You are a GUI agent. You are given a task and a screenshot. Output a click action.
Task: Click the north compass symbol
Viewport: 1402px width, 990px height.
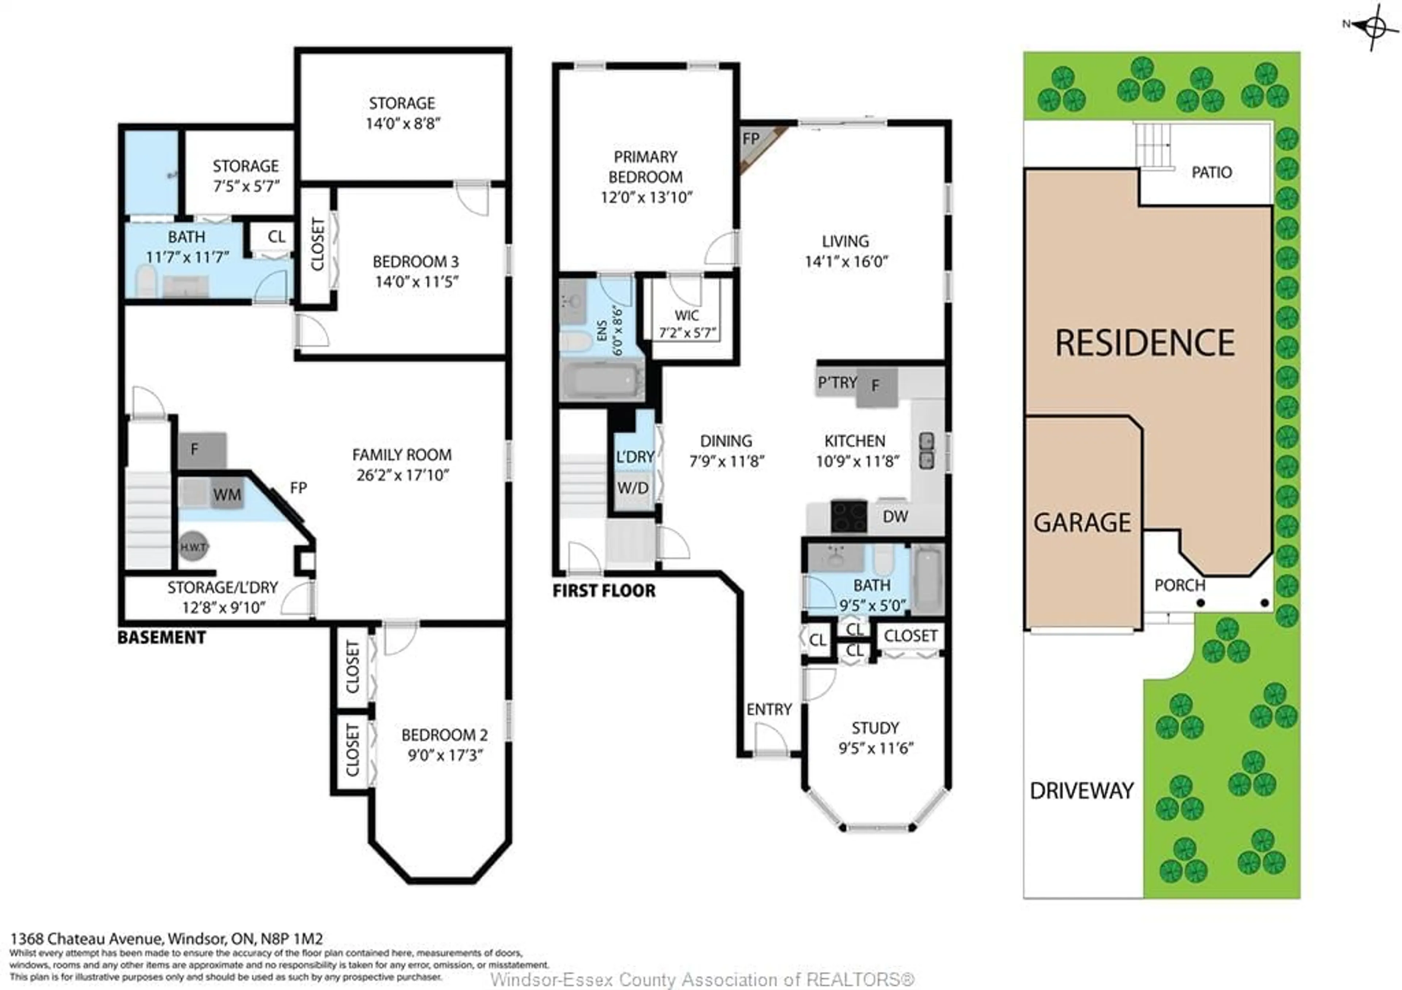click(x=1374, y=26)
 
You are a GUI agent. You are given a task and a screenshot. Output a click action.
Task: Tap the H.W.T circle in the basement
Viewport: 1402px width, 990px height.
click(x=194, y=547)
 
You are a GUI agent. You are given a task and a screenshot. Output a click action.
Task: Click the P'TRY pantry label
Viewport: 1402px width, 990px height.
click(x=837, y=383)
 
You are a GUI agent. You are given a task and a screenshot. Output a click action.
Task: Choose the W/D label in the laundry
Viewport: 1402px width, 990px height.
click(x=633, y=488)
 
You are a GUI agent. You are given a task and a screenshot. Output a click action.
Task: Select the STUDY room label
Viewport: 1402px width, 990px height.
click(x=875, y=728)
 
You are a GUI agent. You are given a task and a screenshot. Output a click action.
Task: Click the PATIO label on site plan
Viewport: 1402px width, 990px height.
click(x=1211, y=173)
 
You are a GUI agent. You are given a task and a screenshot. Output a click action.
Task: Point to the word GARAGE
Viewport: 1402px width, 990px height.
click(x=1082, y=523)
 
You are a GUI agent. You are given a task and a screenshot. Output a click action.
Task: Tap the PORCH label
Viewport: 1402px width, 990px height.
click(x=1180, y=585)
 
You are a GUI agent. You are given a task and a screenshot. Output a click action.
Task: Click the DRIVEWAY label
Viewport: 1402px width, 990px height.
click(x=1081, y=791)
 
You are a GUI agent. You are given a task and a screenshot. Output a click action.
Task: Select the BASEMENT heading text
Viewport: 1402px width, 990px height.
click(x=161, y=638)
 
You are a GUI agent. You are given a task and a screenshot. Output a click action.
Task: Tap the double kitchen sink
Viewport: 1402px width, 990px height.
click(x=926, y=451)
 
